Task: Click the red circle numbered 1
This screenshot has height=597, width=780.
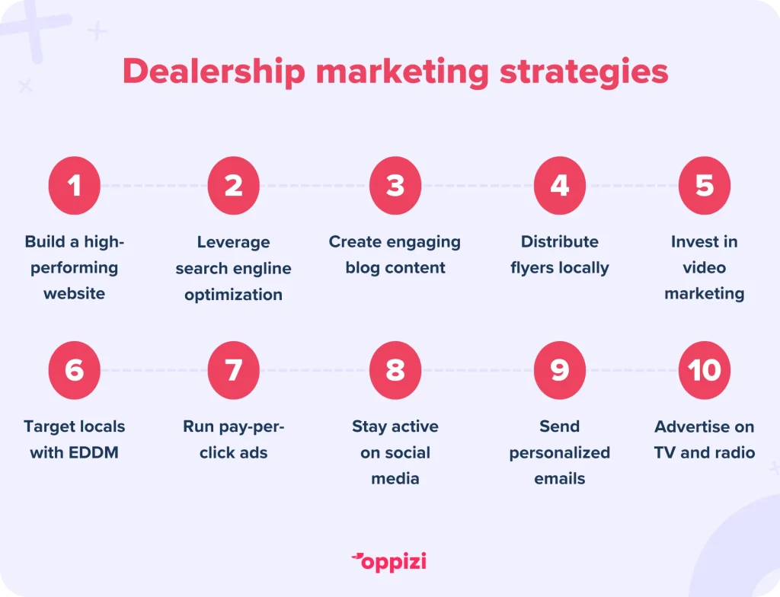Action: (x=74, y=186)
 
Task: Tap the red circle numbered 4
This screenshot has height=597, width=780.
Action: (x=560, y=186)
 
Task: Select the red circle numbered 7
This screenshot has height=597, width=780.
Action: (x=233, y=370)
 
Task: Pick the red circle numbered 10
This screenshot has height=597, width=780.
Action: (x=705, y=370)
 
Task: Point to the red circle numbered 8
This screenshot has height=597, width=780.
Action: (x=395, y=370)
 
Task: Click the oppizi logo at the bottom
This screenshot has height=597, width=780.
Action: (x=389, y=562)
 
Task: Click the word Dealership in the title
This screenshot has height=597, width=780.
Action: (x=214, y=72)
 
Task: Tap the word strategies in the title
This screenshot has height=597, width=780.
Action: (x=583, y=72)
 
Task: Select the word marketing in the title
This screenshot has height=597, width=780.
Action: (x=402, y=72)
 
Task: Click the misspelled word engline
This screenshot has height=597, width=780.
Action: (x=263, y=270)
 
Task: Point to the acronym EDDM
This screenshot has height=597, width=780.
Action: (x=93, y=453)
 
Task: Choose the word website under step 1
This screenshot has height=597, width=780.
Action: (x=74, y=293)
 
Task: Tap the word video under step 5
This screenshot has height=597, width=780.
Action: (x=705, y=267)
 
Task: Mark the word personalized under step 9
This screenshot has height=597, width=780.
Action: (x=560, y=454)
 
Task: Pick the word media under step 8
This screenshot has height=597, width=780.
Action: (x=395, y=479)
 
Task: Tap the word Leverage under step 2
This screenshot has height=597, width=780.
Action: (x=233, y=243)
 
